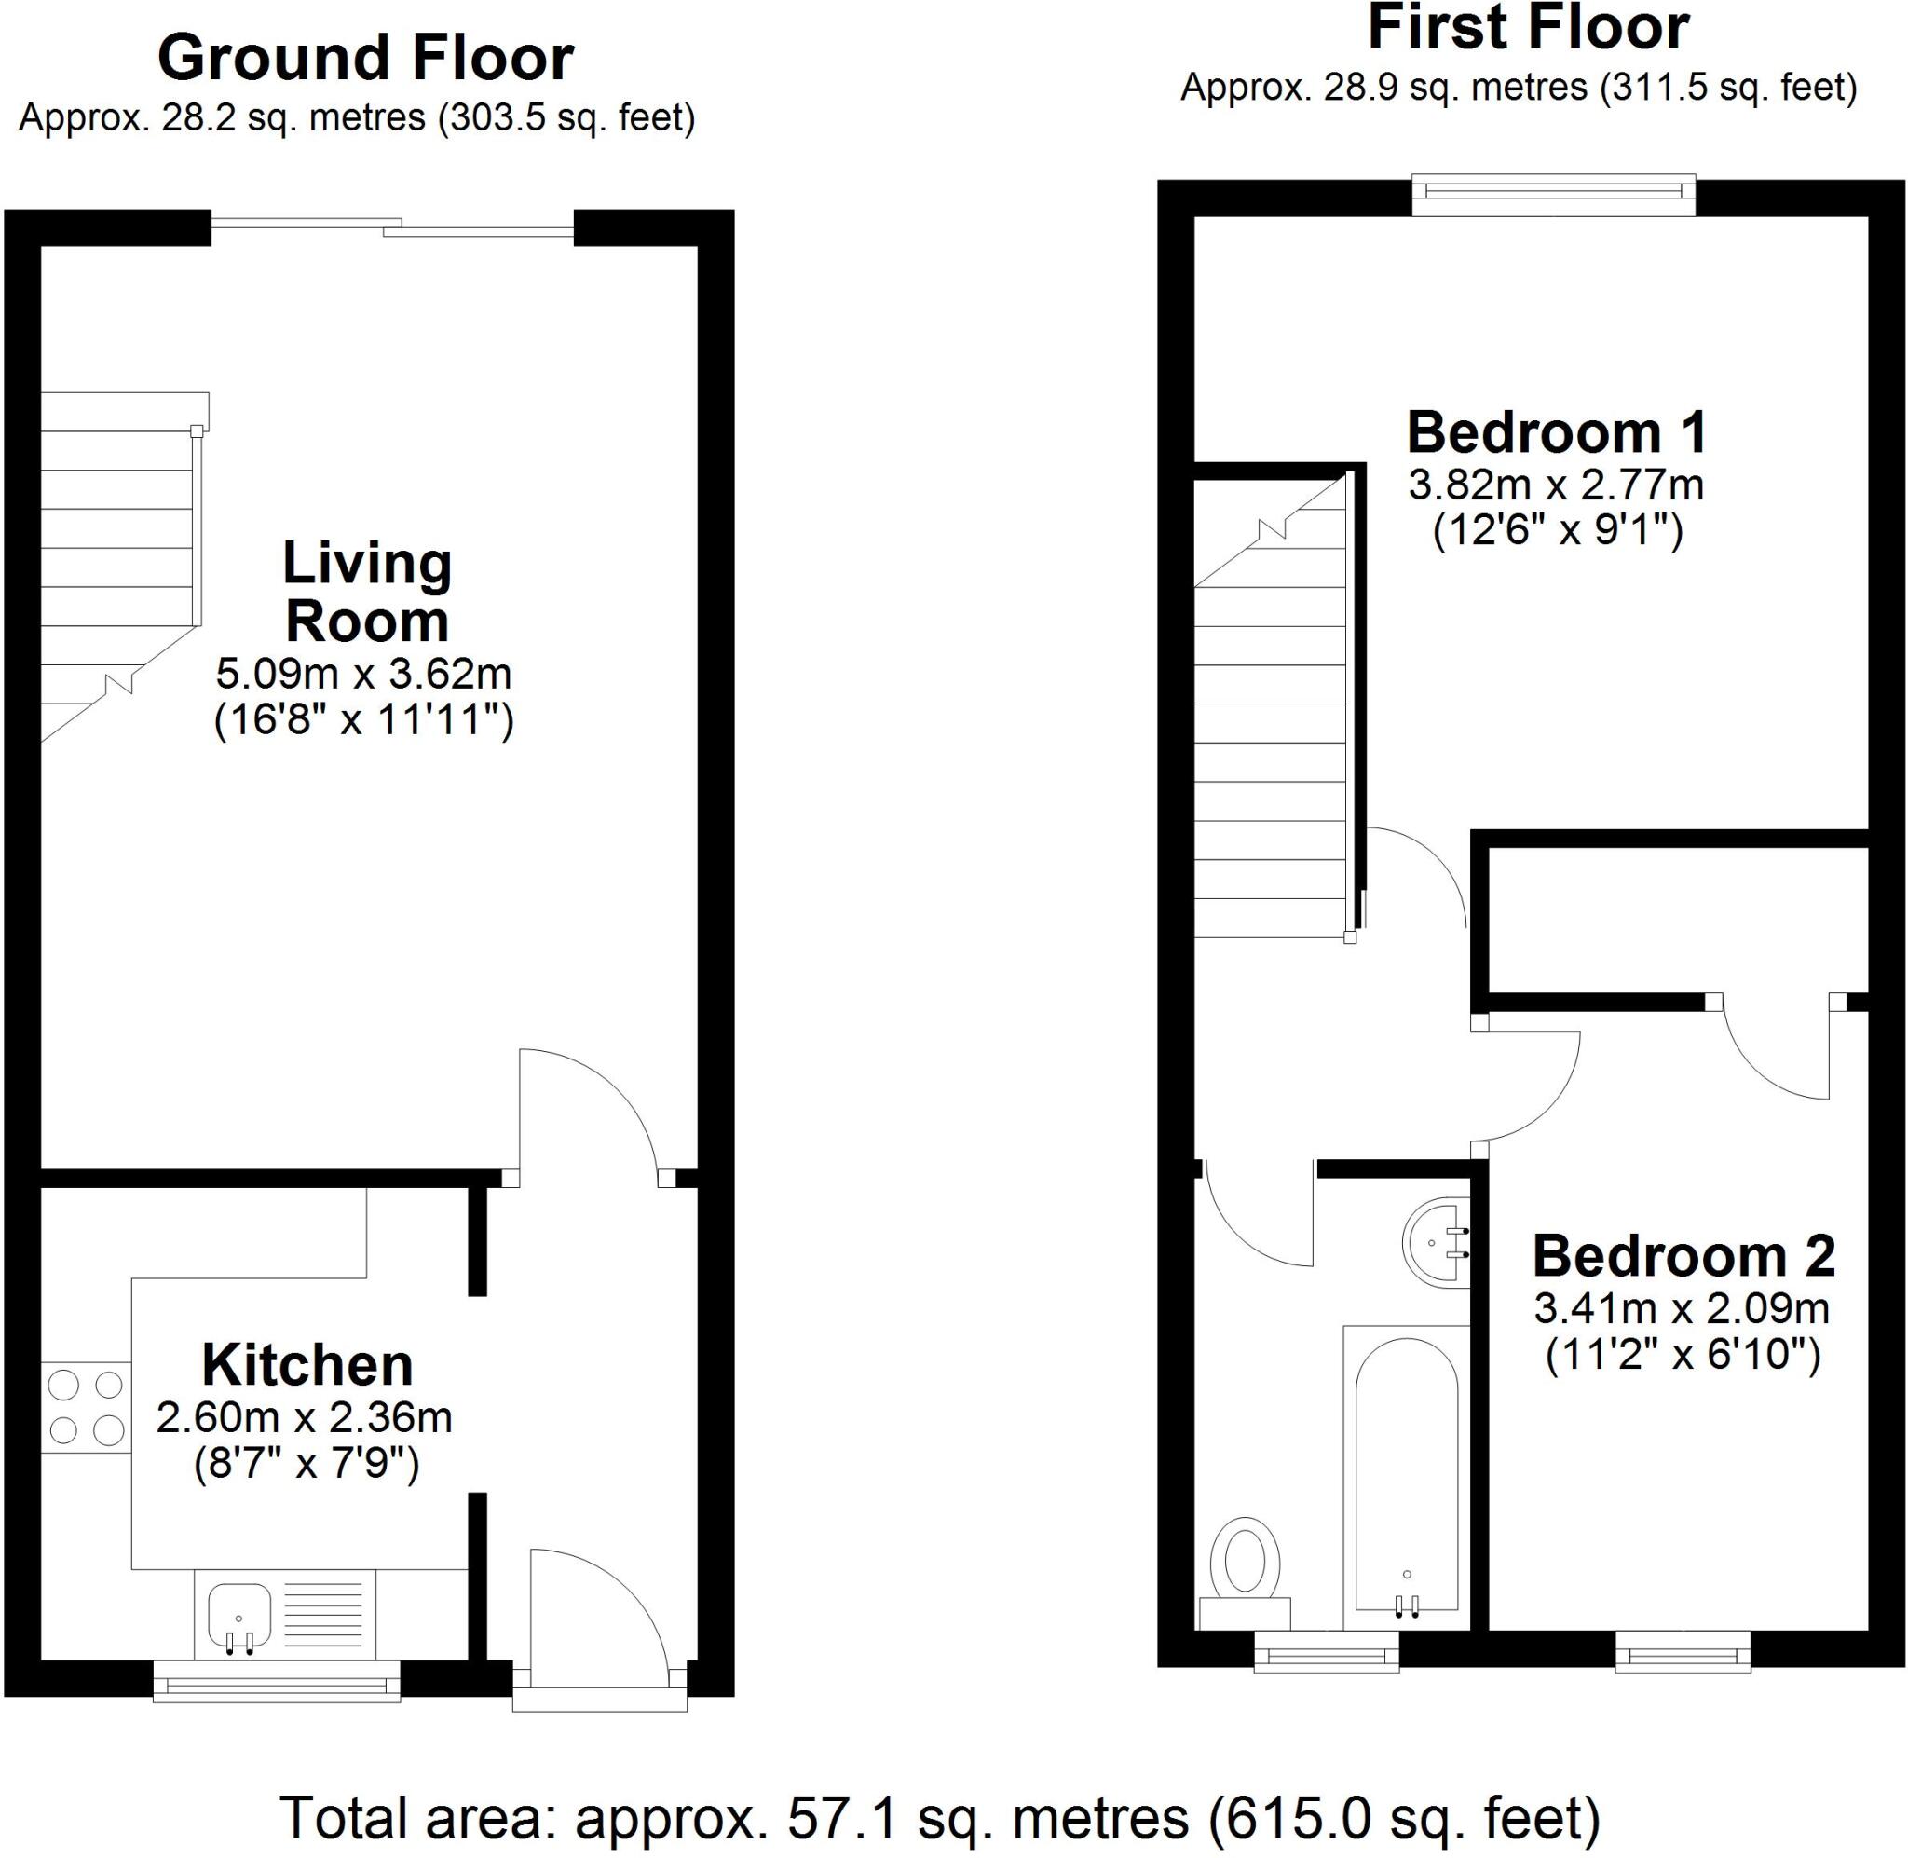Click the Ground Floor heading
click(x=365, y=59)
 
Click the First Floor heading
click(x=1528, y=28)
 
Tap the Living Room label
click(x=367, y=592)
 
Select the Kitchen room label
click(x=307, y=1364)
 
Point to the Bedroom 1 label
click(x=1557, y=432)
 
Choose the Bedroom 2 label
click(x=1683, y=1256)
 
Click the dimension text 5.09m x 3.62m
click(x=362, y=674)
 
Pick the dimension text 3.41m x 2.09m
click(x=1682, y=1308)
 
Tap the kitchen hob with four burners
click(x=86, y=1407)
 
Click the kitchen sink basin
click(x=239, y=1614)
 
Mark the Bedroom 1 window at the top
click(x=1554, y=195)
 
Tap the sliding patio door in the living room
click(x=392, y=228)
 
